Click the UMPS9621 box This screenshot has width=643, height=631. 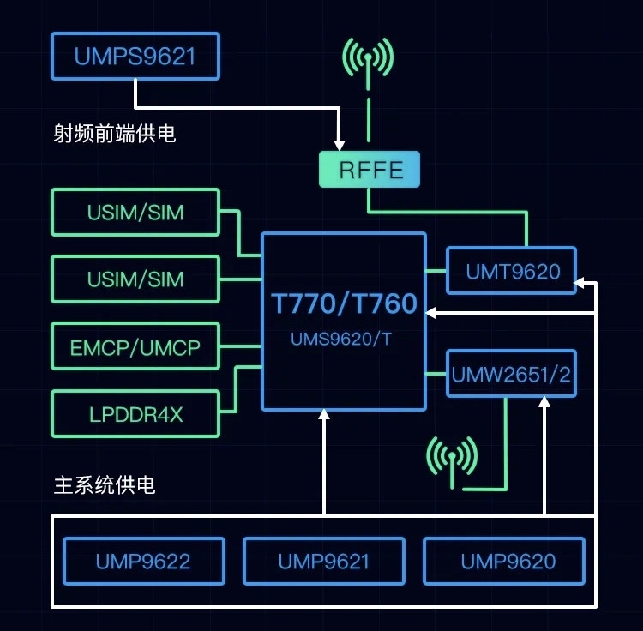(x=135, y=57)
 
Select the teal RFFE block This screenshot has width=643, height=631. (x=370, y=169)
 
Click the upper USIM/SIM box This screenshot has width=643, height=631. (x=135, y=212)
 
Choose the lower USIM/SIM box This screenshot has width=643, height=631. (x=135, y=279)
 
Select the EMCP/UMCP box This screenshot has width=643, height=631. (x=135, y=346)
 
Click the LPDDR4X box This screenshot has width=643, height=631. (x=135, y=414)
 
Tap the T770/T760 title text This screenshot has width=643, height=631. (x=344, y=303)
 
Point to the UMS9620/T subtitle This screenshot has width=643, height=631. (x=341, y=339)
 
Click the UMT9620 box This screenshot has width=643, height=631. (x=512, y=272)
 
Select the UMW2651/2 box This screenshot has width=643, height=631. (x=512, y=374)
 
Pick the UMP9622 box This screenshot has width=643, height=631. (x=143, y=562)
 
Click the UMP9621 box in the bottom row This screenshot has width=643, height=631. (x=324, y=562)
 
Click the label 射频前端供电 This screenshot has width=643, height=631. (x=115, y=134)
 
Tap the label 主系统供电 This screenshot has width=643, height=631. (x=105, y=485)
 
